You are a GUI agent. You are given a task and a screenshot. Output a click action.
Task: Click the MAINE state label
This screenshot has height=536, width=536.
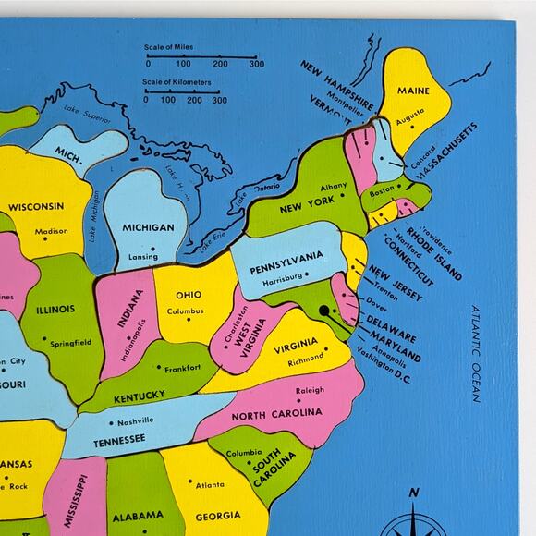coord(414,91)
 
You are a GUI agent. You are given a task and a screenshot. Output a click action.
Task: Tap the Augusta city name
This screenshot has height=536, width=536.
coord(410,121)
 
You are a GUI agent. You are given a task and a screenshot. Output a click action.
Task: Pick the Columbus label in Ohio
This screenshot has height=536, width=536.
coord(185,311)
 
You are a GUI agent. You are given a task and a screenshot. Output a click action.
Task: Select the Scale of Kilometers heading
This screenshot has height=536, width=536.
coord(177,83)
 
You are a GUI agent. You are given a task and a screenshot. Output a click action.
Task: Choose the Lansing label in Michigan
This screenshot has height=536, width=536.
coord(143,257)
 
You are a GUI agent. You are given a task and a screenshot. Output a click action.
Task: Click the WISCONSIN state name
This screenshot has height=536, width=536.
coord(36,206)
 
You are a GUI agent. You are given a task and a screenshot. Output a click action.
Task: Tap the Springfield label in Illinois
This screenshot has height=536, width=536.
coord(70,343)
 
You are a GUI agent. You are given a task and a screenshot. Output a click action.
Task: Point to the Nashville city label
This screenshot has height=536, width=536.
coord(135,421)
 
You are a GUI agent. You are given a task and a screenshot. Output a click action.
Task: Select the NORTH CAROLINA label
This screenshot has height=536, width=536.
coord(276,414)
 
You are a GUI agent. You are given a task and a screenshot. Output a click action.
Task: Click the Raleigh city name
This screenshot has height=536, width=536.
coord(311,390)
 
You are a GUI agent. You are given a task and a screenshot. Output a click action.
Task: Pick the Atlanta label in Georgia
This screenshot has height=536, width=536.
coord(210,484)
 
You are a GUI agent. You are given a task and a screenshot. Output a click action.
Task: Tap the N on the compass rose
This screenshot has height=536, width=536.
coord(415,491)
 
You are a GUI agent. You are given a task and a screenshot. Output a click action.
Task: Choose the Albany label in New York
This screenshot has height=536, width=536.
coord(333,187)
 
